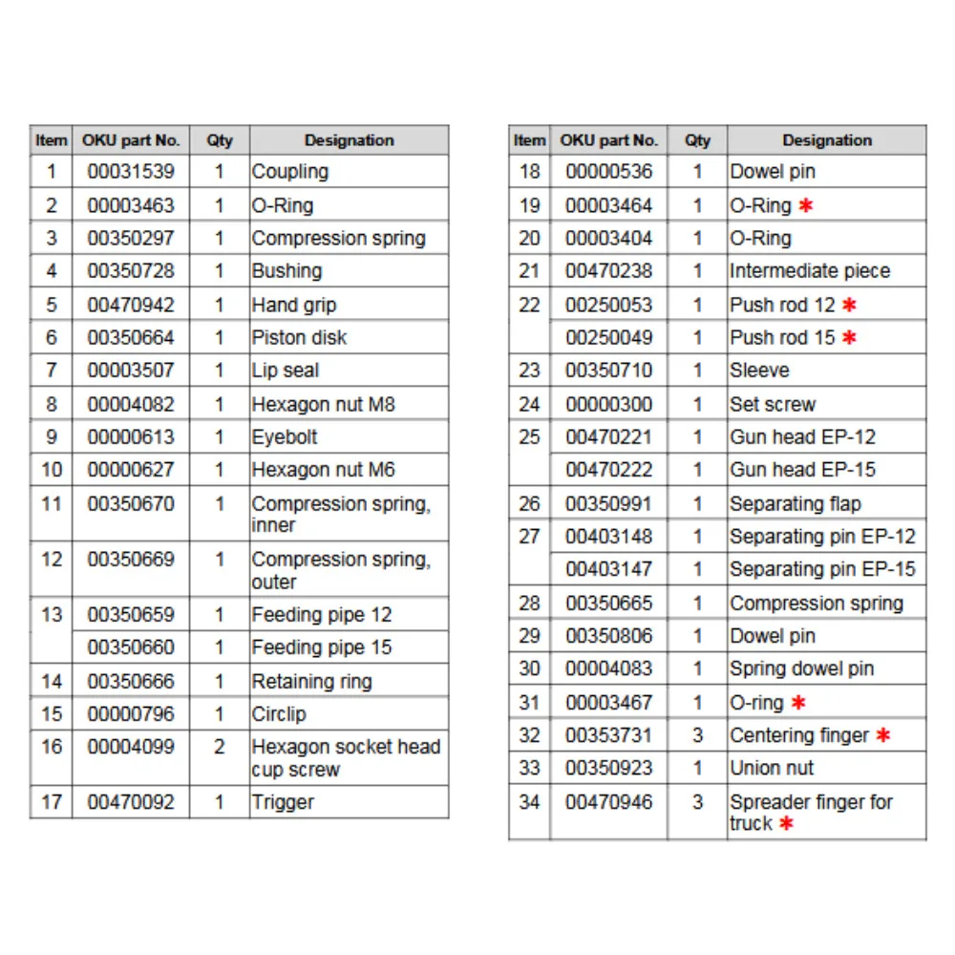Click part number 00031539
pyautogui.click(x=131, y=172)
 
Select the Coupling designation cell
pyautogui.click(x=289, y=172)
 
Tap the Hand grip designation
pyautogui.click(x=293, y=305)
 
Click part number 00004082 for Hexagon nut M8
pyautogui.click(x=131, y=404)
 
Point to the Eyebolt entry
pyautogui.click(x=285, y=437)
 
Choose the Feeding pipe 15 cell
pyautogui.click(x=321, y=647)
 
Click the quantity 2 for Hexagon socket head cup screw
pyautogui.click(x=219, y=747)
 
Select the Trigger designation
pyautogui.click(x=283, y=802)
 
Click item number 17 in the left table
pyautogui.click(x=52, y=802)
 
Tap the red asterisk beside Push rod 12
pyautogui.click(x=849, y=305)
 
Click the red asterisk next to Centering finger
pyautogui.click(x=883, y=735)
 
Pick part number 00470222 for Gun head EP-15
pyautogui.click(x=608, y=470)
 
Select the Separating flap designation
pyautogui.click(x=795, y=503)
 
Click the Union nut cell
pyautogui.click(x=772, y=768)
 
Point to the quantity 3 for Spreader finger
pyautogui.click(x=697, y=802)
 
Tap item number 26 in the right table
pyautogui.click(x=529, y=503)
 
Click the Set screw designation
pyautogui.click(x=773, y=404)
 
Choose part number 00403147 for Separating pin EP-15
pyautogui.click(x=608, y=569)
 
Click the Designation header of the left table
pyautogui.click(x=349, y=140)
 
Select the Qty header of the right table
pyautogui.click(x=697, y=140)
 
